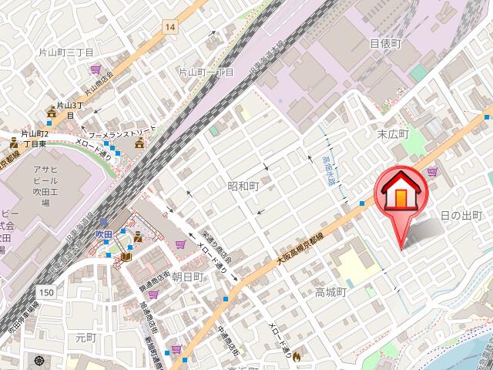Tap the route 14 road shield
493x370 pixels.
click(169, 28)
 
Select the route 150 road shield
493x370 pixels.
click(47, 292)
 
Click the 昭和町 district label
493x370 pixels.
click(243, 187)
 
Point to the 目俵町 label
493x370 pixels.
click(386, 43)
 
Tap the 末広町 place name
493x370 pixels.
click(391, 134)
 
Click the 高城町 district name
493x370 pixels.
click(332, 292)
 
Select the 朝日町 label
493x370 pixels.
click(187, 276)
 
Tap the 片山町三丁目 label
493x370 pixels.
click(65, 52)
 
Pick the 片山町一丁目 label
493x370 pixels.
click(206, 72)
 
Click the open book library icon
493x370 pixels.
click(125, 257)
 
